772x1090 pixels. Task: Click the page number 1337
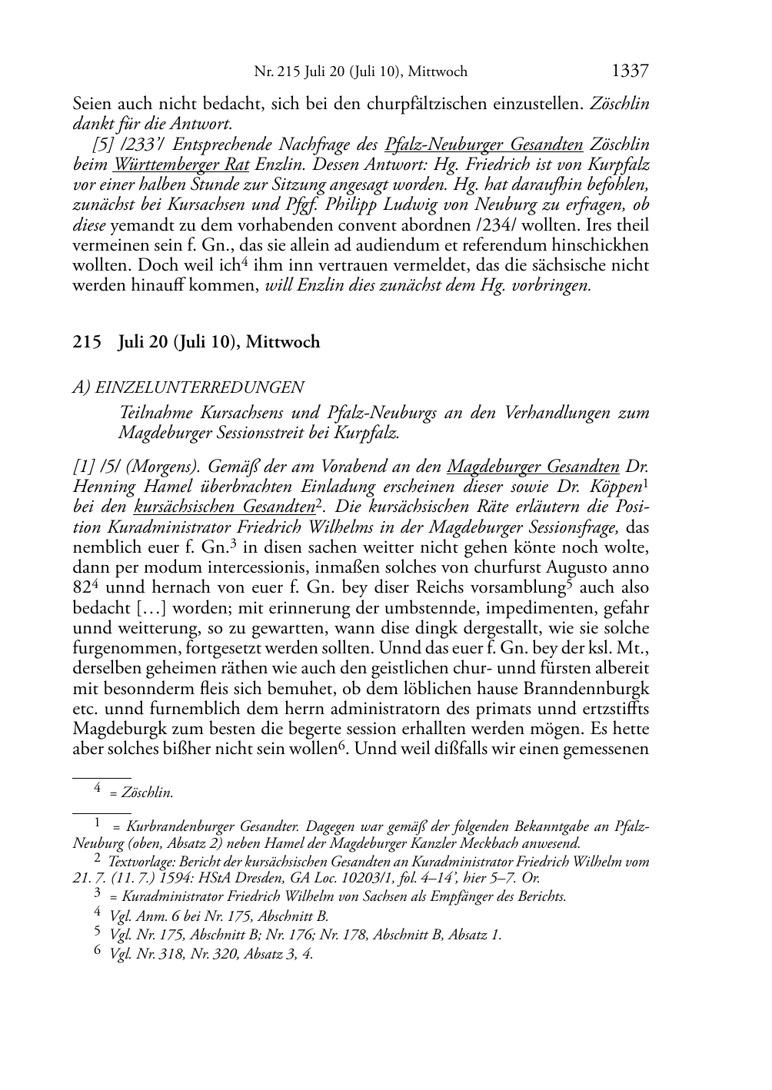[630, 71]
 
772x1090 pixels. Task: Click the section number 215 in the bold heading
[87, 342]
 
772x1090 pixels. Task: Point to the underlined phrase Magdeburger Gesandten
[533, 467]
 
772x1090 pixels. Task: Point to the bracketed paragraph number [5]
[101, 145]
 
